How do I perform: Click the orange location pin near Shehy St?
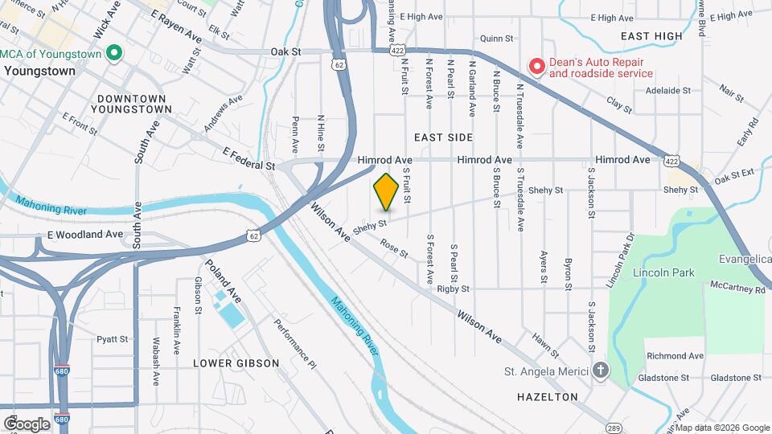(386, 191)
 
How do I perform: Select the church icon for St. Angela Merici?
(600, 371)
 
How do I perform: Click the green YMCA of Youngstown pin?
(114, 54)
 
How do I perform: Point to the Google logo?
(27, 424)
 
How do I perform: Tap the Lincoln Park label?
(663, 273)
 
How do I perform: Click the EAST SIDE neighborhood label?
(445, 138)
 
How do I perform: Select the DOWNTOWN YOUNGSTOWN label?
(133, 103)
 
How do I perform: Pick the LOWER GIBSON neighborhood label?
(236, 363)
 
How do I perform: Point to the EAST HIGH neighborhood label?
(651, 36)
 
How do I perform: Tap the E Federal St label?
(249, 159)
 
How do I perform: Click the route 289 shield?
(613, 427)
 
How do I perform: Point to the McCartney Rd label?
(737, 285)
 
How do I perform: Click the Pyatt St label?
(113, 339)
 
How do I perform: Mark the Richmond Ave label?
(675, 356)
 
